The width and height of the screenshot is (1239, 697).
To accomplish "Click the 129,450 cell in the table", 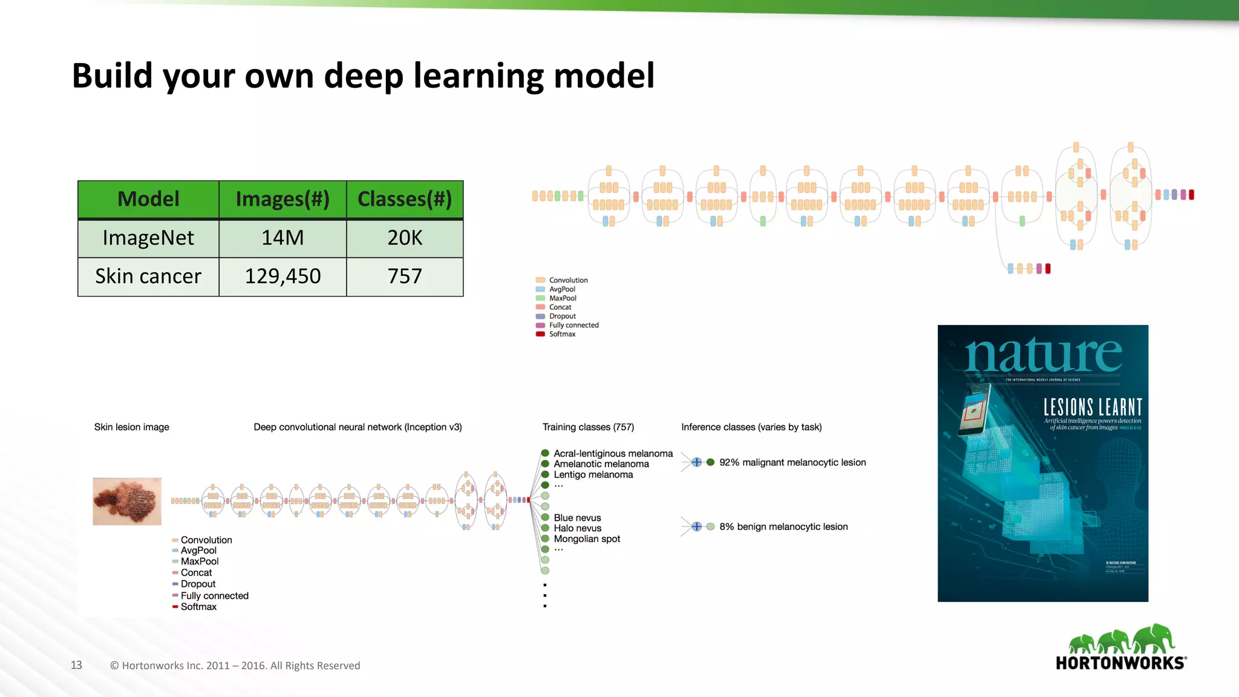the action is click(283, 277).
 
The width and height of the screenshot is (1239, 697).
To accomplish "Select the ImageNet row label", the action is click(148, 238).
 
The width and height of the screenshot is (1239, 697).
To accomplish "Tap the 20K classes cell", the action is click(405, 238).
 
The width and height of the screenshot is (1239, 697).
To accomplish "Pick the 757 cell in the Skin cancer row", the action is click(405, 277).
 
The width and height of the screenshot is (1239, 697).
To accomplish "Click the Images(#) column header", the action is click(283, 199).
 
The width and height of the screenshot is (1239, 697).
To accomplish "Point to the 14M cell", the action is click(283, 238).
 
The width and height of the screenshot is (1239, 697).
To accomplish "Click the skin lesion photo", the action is click(127, 501).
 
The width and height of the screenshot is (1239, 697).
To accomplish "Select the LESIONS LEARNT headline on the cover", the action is click(1093, 407).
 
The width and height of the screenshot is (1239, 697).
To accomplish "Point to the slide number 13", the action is click(76, 665).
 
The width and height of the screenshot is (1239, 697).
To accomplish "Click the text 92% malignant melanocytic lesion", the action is click(793, 462).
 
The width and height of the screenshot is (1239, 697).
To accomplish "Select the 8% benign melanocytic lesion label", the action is click(783, 527).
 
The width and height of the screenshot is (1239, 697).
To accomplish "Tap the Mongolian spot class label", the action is click(587, 539).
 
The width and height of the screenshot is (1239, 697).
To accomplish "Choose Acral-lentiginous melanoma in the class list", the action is click(613, 454).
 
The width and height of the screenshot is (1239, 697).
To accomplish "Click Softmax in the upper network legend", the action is click(562, 334).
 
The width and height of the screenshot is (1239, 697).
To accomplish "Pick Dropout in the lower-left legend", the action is click(198, 584).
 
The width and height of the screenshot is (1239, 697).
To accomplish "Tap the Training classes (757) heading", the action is click(588, 427).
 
